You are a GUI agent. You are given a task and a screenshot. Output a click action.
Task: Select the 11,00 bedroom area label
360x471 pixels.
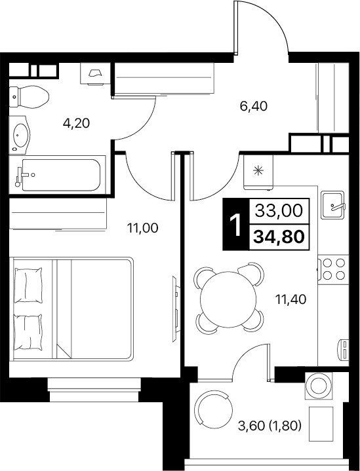click(x=144, y=228)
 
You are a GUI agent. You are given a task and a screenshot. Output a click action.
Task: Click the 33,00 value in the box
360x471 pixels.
click(x=279, y=210)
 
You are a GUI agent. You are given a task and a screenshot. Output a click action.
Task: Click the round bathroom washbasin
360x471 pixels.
click(x=21, y=135)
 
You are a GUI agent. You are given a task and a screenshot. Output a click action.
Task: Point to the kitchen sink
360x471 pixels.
click(x=333, y=206)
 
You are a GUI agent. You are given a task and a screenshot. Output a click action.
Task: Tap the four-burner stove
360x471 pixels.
click(x=333, y=270)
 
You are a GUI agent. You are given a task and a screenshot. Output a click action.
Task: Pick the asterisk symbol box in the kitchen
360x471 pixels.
click(x=258, y=171)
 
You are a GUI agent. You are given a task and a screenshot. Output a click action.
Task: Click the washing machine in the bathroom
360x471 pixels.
click(x=96, y=73)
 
